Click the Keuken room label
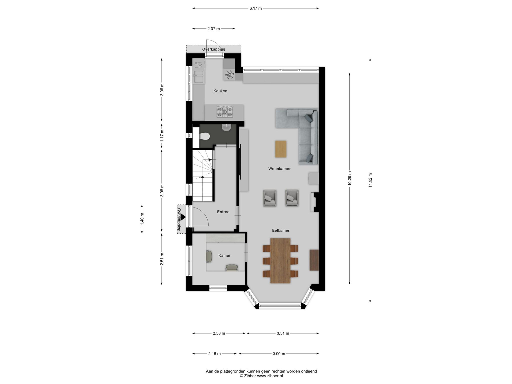[220, 91]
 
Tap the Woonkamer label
[279, 169]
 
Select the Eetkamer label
[281, 230]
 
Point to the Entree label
[223, 212]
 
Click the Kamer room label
[224, 255]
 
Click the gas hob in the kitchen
[225, 112]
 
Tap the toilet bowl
[204, 136]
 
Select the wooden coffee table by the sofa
[281, 149]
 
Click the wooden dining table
[280, 261]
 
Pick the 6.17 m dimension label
[255, 8]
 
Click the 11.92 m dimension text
[370, 180]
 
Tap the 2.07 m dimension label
[213, 29]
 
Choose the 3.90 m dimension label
[279, 354]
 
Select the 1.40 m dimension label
[142, 219]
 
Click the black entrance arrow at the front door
[183, 217]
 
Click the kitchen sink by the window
[199, 77]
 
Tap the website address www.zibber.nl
[270, 376]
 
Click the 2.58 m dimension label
[219, 333]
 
